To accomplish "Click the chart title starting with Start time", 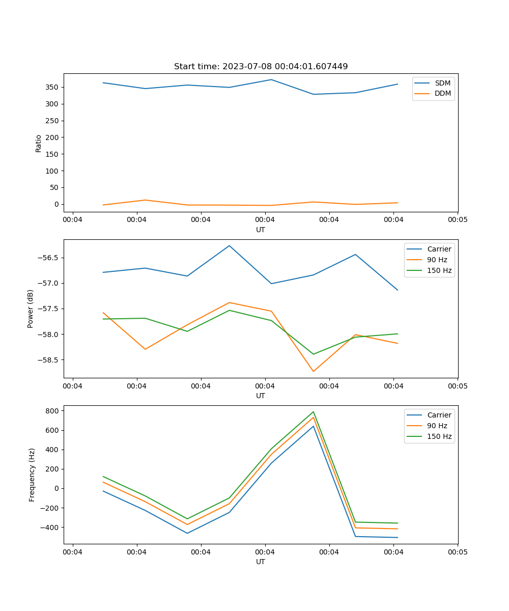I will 261,66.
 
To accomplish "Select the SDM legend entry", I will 442,83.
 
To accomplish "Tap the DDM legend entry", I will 442,93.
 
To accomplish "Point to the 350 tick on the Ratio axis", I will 52,87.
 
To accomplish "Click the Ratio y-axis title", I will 39,143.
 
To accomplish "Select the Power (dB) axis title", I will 31,309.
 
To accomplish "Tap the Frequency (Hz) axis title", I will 32,475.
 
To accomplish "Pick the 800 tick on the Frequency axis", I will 53,410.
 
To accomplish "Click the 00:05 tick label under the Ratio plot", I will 457,220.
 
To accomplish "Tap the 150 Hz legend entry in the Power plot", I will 439,270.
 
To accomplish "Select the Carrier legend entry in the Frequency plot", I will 439,415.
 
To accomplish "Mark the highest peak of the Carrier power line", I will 229,245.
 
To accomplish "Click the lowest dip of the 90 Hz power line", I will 313,371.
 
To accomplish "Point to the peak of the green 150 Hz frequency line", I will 313,411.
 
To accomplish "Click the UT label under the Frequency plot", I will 261,562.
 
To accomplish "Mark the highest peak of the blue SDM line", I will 271,79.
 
